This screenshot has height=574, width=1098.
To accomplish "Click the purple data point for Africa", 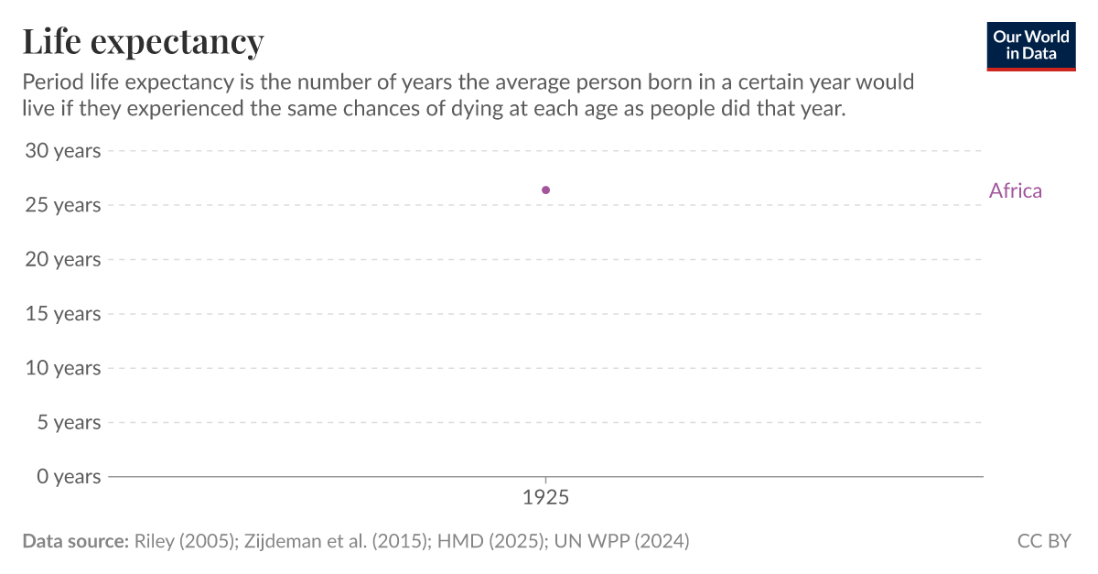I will click(x=546, y=190).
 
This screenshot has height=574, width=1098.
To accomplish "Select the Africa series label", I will click(x=1015, y=190).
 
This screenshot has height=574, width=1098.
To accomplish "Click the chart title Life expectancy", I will click(x=143, y=42).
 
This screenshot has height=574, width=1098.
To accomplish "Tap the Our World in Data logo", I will click(x=1030, y=46).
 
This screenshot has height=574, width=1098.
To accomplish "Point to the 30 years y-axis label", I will click(x=62, y=151).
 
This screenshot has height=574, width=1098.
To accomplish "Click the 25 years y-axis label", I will click(x=62, y=205).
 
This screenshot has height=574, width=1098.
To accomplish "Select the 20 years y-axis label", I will click(x=62, y=259).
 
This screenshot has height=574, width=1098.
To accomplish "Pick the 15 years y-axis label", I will click(x=62, y=314).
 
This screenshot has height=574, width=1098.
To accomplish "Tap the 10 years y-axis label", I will click(x=62, y=368).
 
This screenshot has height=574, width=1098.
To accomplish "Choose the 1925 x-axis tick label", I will click(x=546, y=499).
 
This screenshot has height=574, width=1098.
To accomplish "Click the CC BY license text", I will click(x=1043, y=541).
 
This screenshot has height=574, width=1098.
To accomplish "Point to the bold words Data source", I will click(x=75, y=541).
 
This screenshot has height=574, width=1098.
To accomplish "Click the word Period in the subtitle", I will click(x=51, y=82).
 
